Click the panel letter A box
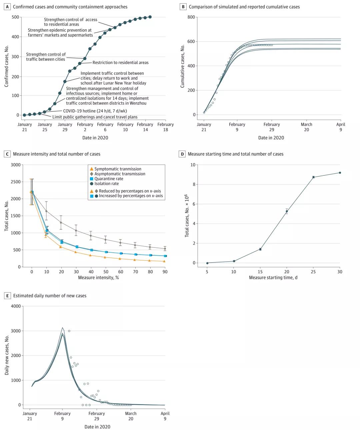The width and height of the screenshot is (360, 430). point(7,7)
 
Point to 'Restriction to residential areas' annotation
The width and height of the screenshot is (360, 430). point(120,62)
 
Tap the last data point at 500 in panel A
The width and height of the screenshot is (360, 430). point(150,17)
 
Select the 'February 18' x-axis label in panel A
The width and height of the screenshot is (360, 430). point(166,127)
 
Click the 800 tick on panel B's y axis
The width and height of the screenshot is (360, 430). point(191,17)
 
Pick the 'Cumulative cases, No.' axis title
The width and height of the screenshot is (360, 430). point(182,66)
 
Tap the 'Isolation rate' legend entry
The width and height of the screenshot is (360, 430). point(104,183)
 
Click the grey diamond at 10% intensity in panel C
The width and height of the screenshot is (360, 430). point(46,211)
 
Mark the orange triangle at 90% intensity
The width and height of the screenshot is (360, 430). point(164,261)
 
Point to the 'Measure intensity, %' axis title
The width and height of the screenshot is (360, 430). point(98,277)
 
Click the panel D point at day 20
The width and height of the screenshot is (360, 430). point(287,211)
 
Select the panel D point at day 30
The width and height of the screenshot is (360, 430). point(340,173)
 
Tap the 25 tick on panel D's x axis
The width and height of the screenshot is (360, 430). point(313,272)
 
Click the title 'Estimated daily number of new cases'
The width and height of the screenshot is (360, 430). point(50,296)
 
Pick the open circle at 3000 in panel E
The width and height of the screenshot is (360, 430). point(69,331)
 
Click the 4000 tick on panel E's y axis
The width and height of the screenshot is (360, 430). point(16,306)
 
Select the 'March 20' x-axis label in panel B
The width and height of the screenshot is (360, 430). point(306,127)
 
